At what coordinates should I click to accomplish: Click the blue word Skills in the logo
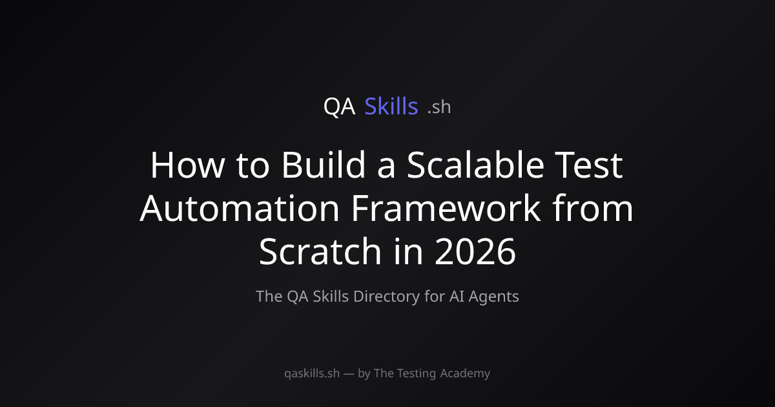point(391,106)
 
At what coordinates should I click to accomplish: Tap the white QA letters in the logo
point(340,106)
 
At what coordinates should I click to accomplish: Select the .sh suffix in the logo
point(439,107)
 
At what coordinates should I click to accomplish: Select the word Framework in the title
point(446,207)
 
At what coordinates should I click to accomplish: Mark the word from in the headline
point(593,207)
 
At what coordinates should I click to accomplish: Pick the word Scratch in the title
point(320,251)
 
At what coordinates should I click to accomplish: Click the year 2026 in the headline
point(475,251)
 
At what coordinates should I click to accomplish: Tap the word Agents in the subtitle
point(493,297)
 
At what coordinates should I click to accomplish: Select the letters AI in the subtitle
point(457,297)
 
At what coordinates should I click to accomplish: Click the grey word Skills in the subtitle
point(331,297)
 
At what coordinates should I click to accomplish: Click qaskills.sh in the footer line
point(312,373)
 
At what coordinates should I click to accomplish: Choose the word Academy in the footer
point(465,373)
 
